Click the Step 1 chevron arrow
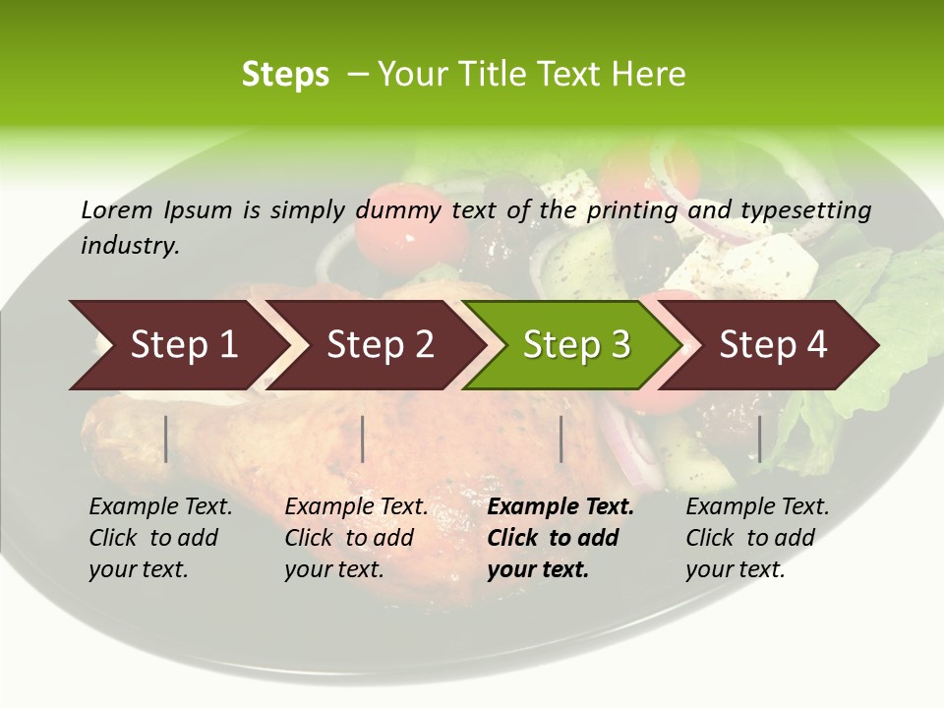click(177, 345)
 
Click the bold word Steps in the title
click(285, 75)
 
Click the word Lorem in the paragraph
click(117, 210)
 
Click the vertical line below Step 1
click(166, 439)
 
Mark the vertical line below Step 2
click(363, 439)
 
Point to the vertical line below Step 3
click(560, 439)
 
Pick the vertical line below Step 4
click(759, 439)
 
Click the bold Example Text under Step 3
click(560, 507)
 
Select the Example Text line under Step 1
click(160, 507)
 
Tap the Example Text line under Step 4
click(757, 507)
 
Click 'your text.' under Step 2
click(334, 569)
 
